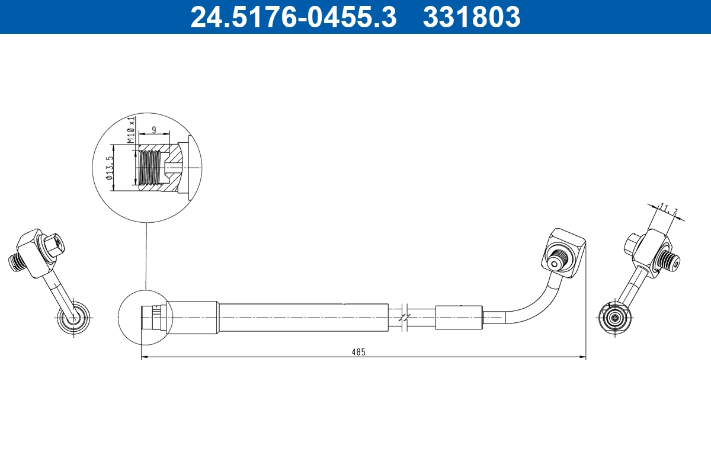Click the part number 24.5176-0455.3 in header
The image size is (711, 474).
pyautogui.click(x=293, y=17)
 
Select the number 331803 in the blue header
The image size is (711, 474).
pyautogui.click(x=471, y=17)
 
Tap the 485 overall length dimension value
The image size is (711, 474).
pyautogui.click(x=358, y=351)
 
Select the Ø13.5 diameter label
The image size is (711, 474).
pyautogui.click(x=110, y=168)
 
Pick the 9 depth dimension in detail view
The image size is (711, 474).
pyautogui.click(x=154, y=129)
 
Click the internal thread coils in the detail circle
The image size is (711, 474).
pyautogui.click(x=150, y=168)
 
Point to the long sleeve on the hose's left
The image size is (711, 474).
pyautogui.click(x=303, y=317)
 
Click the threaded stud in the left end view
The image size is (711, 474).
pyautogui.click(x=20, y=262)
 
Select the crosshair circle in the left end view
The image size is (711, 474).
pyautogui.click(x=73, y=318)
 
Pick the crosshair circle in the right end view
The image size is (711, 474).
pyautogui.click(x=616, y=318)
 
